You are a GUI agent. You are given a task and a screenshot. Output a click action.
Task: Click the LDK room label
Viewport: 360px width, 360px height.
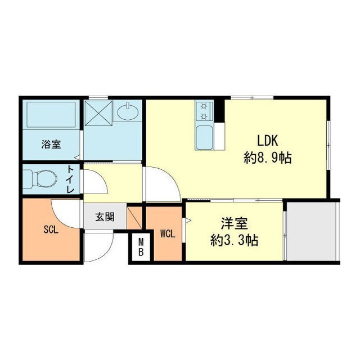click(x=268, y=141)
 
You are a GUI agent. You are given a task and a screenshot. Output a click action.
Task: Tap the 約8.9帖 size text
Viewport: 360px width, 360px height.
click(x=268, y=157)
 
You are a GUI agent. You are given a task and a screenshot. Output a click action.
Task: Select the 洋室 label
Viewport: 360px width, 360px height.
click(x=235, y=224)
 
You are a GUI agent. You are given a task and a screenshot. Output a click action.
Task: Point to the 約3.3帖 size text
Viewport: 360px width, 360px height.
click(x=235, y=240)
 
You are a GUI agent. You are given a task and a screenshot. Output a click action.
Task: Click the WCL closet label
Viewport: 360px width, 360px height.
click(x=168, y=234)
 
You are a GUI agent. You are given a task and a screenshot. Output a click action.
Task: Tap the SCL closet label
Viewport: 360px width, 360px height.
click(x=51, y=229)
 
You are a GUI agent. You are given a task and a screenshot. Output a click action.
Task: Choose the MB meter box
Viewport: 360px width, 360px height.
click(x=141, y=247)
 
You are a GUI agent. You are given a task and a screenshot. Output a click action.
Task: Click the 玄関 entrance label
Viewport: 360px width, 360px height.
click(x=105, y=217)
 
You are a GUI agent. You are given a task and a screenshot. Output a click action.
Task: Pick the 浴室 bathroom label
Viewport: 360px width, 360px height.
click(x=51, y=145)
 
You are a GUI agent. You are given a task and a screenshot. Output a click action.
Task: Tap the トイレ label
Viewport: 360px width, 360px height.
click(x=70, y=179)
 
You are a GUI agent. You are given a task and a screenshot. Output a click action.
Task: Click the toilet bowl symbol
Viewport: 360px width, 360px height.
click(x=40, y=179)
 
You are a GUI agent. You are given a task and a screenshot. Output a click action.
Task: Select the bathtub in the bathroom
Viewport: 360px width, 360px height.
click(x=51, y=114)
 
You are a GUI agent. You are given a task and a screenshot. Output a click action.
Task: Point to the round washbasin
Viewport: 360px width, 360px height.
click(x=128, y=112)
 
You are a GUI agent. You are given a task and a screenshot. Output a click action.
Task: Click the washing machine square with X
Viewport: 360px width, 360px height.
click(x=98, y=113)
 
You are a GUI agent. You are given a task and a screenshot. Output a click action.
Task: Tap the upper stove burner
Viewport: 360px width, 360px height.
click(x=204, y=106)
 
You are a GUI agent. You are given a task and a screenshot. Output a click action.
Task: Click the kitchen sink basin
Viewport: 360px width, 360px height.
click(x=204, y=137)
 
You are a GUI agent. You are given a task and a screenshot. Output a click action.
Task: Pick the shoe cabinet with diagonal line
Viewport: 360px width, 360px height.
click(x=134, y=218)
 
